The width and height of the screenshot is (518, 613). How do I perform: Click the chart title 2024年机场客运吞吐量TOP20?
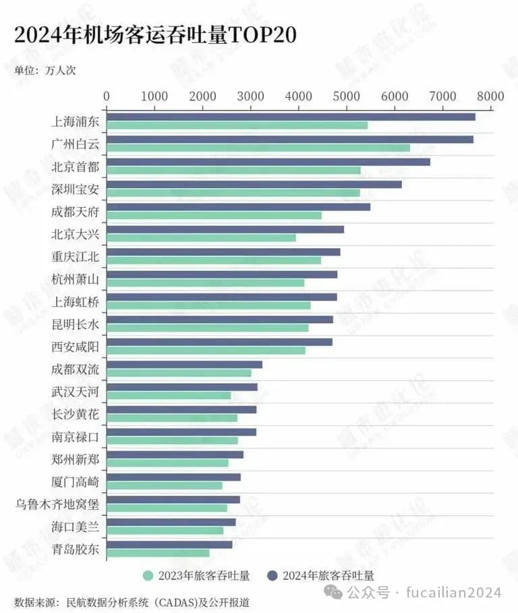[x=155, y=35]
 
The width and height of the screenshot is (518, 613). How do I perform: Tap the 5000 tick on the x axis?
[x=347, y=96]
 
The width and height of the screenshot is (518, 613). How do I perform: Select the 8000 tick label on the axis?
[x=491, y=96]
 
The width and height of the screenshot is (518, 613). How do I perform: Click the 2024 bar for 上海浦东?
[x=291, y=117]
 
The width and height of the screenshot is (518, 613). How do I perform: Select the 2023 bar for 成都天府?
[x=214, y=215]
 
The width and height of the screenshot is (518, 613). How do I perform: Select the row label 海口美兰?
[x=75, y=527]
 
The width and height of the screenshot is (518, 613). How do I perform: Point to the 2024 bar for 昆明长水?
[x=220, y=320]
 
